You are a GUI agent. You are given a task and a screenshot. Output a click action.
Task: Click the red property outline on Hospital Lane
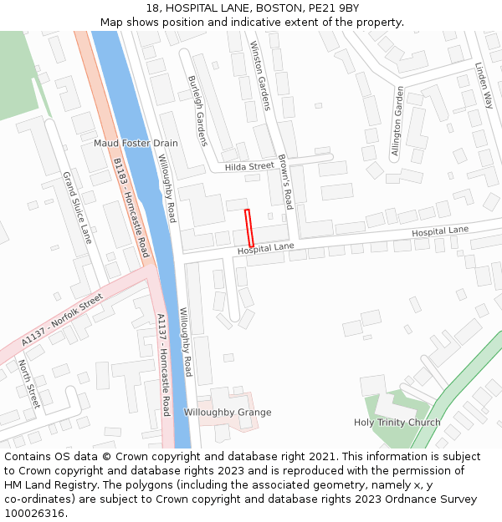click(x=248, y=227)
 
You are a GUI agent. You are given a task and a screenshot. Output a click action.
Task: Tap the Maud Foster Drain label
click(x=136, y=144)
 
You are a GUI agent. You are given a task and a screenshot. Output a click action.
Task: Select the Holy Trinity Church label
click(x=397, y=423)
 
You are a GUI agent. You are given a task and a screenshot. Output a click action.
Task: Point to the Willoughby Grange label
click(x=228, y=413)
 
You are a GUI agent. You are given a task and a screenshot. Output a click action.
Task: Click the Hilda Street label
click(x=249, y=166)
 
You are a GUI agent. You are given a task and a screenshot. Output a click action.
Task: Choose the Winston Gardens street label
click(x=260, y=76)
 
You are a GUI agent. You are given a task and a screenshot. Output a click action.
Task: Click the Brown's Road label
click(x=284, y=181)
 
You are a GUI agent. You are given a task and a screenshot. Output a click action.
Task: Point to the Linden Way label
click(x=484, y=86)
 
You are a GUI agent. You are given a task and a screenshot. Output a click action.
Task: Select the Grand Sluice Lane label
click(x=76, y=208)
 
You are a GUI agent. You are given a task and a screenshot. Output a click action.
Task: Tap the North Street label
click(x=28, y=384)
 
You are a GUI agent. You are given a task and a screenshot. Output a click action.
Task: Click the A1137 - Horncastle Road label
click(x=164, y=365)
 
